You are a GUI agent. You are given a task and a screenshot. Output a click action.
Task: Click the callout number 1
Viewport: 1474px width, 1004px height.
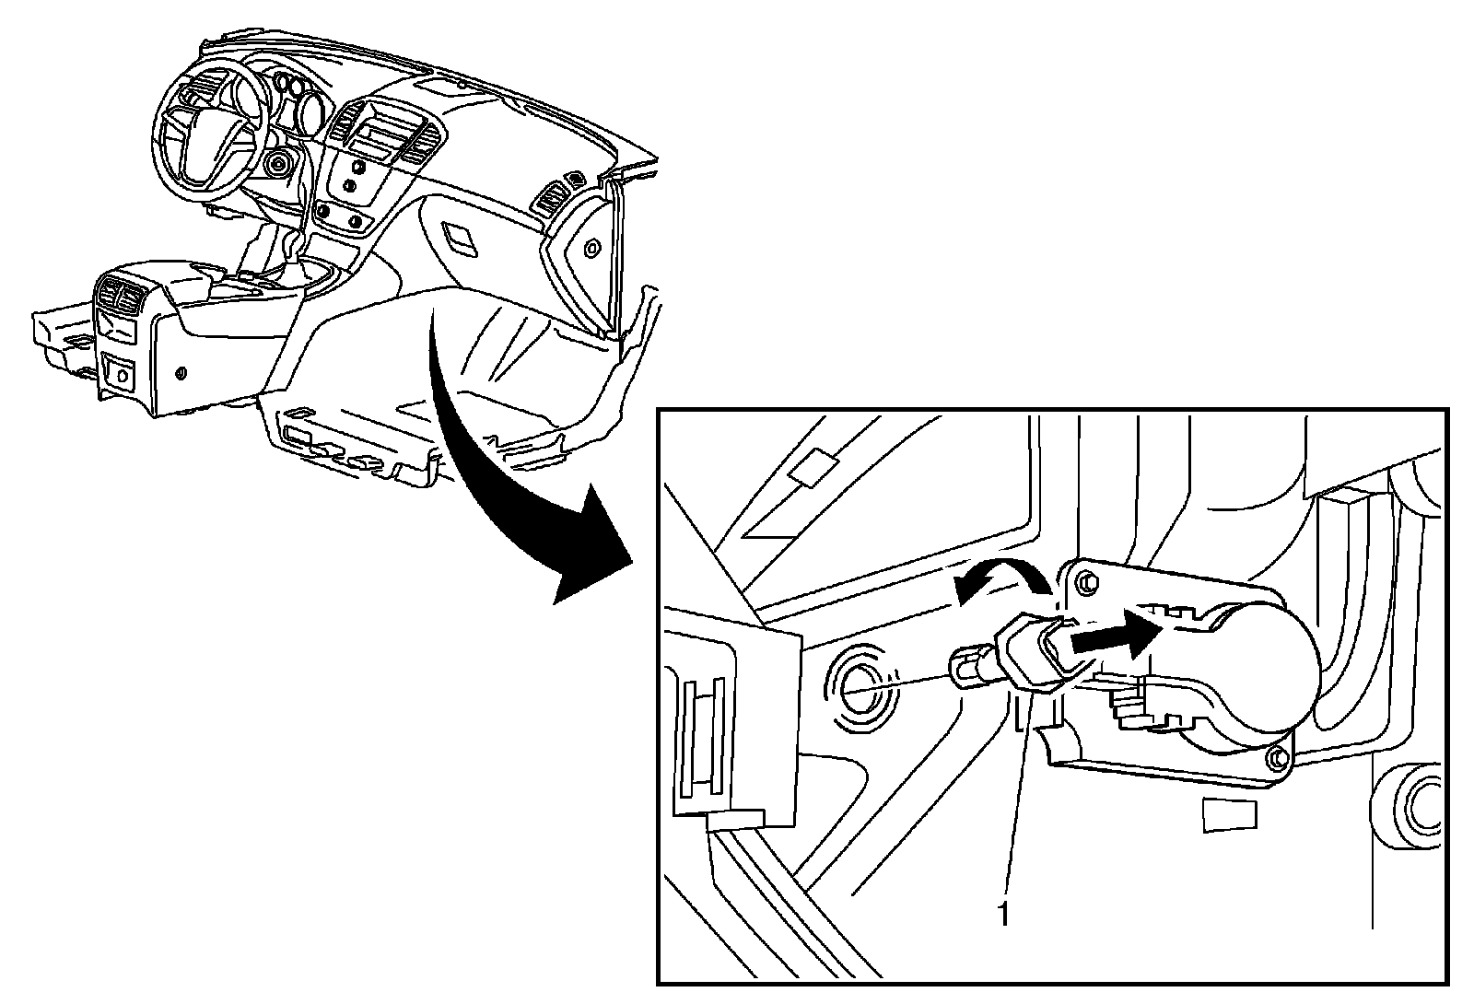pos(1003,914)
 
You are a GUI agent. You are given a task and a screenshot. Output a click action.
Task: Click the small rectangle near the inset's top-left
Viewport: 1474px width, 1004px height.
pos(810,467)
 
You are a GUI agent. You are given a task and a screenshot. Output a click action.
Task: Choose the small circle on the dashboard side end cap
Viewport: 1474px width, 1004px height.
pos(591,247)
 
